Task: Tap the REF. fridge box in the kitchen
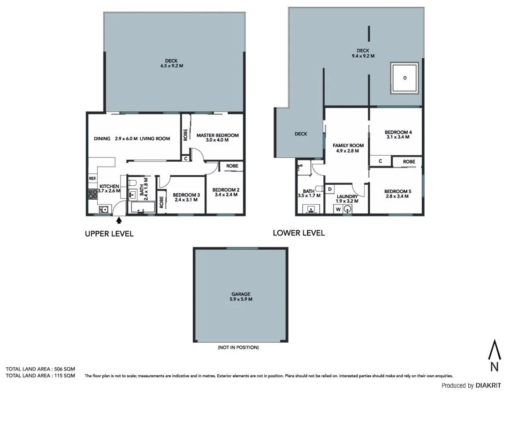pyautogui.click(x=92, y=179)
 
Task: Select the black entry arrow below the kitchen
pyautogui.click(x=119, y=219)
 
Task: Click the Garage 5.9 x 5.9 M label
pyautogui.click(x=240, y=296)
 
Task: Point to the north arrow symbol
pyautogui.click(x=494, y=356)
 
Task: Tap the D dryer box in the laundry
pyautogui.click(x=330, y=189)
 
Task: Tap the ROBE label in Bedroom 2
pyautogui.click(x=232, y=166)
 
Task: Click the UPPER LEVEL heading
pyautogui.click(x=109, y=234)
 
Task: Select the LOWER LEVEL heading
pyautogui.click(x=298, y=233)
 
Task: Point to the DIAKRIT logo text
pyautogui.click(x=488, y=385)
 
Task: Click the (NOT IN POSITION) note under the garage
pyautogui.click(x=238, y=347)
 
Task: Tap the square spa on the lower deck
pyautogui.click(x=404, y=77)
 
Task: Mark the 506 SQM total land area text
pyautogui.click(x=40, y=369)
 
